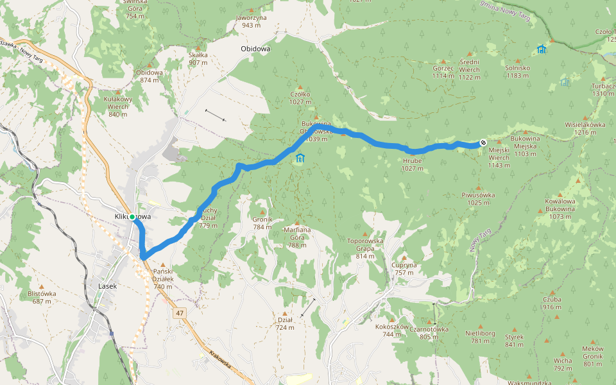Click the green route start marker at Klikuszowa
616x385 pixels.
[x=132, y=218]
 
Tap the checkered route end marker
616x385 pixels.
[x=483, y=143]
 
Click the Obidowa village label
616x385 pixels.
[x=255, y=48]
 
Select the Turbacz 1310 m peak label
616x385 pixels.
[x=603, y=89]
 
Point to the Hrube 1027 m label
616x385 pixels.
[x=413, y=165]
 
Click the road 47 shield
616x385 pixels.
[x=179, y=312]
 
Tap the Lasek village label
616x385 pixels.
[x=107, y=286]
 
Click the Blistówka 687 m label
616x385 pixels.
[x=42, y=297]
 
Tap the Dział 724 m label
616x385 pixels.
[x=285, y=323]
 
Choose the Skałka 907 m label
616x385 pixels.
[x=198, y=58]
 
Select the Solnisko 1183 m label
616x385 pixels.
[x=517, y=71]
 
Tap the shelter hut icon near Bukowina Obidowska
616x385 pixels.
[x=300, y=158]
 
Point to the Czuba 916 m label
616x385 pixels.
[x=552, y=303]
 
